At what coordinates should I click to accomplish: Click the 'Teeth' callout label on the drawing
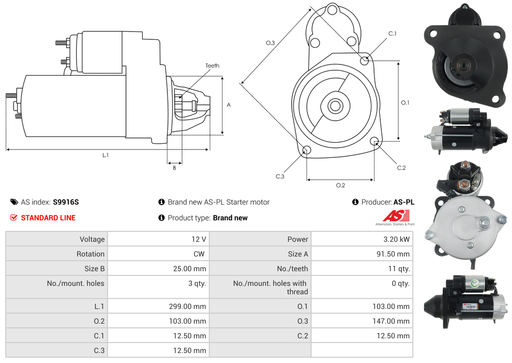point(212,66)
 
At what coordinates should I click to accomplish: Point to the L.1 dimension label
point(105,155)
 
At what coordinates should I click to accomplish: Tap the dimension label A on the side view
point(229,105)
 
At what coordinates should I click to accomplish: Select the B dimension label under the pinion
point(174,168)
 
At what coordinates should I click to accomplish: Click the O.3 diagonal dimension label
point(270,43)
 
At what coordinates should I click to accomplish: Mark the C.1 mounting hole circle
point(365,60)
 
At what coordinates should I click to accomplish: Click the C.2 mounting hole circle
point(375,141)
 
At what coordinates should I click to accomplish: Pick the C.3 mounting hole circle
point(307,151)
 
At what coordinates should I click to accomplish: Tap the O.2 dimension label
point(340,185)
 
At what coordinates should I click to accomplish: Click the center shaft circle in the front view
point(334,106)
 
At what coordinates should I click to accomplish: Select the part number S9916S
point(66,202)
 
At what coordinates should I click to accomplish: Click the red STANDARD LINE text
point(48,218)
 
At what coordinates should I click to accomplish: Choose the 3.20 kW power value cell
point(397,239)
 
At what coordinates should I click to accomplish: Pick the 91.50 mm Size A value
point(394,254)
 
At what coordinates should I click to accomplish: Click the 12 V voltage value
point(199,239)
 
